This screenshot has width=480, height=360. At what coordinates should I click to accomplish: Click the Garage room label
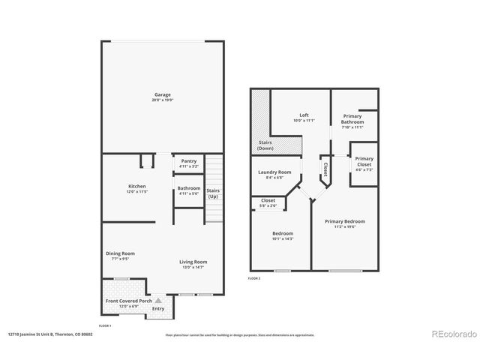[163, 94]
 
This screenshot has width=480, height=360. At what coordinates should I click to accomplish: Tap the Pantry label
[188, 160]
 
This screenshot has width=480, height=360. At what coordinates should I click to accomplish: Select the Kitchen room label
[136, 186]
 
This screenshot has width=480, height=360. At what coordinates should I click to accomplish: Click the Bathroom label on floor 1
[188, 187]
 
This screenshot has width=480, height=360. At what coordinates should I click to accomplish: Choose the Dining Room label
[120, 253]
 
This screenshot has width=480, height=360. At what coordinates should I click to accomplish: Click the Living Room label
[192, 262]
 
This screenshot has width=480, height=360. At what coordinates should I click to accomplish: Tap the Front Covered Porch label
[124, 301]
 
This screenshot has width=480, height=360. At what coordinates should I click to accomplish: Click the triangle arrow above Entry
[158, 299]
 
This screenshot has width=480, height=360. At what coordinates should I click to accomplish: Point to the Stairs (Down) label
[265, 145]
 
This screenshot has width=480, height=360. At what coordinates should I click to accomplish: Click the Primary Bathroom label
[352, 119]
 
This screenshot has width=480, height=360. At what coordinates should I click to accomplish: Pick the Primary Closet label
[364, 161]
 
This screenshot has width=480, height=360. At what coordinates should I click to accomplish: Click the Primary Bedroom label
[344, 221]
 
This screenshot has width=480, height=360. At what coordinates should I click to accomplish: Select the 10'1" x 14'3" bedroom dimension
[281, 238]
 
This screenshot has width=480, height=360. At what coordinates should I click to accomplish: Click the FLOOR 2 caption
[253, 277]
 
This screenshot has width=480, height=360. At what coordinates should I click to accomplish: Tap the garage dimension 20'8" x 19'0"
[163, 100]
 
